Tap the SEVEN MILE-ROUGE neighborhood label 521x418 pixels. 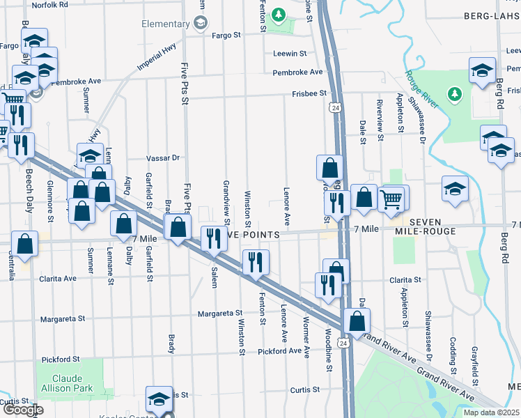[426, 226]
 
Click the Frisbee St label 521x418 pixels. [310, 93]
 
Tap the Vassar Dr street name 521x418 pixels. [163, 158]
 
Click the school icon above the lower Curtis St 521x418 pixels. [159, 399]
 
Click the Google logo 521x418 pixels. [22, 410]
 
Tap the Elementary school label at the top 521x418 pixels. [166, 23]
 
